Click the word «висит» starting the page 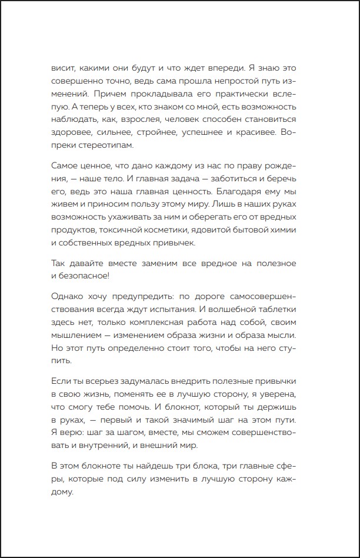(x=61, y=67)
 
